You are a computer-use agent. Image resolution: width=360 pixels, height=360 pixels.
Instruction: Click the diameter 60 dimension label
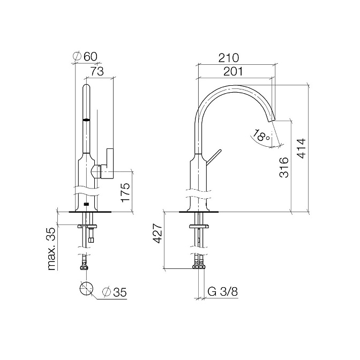click(85, 56)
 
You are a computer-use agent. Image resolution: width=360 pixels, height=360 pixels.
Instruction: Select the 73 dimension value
click(96, 71)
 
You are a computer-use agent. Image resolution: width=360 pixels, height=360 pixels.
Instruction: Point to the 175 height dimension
click(125, 192)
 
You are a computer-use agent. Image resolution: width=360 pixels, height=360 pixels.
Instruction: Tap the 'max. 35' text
click(51, 249)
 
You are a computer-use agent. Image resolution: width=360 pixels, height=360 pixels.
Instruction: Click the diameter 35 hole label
click(115, 292)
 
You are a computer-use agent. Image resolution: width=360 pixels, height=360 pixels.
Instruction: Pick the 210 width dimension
click(228, 58)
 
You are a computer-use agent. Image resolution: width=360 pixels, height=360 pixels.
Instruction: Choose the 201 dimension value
click(233, 72)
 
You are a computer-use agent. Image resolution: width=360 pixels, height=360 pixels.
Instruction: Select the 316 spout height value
click(284, 167)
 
